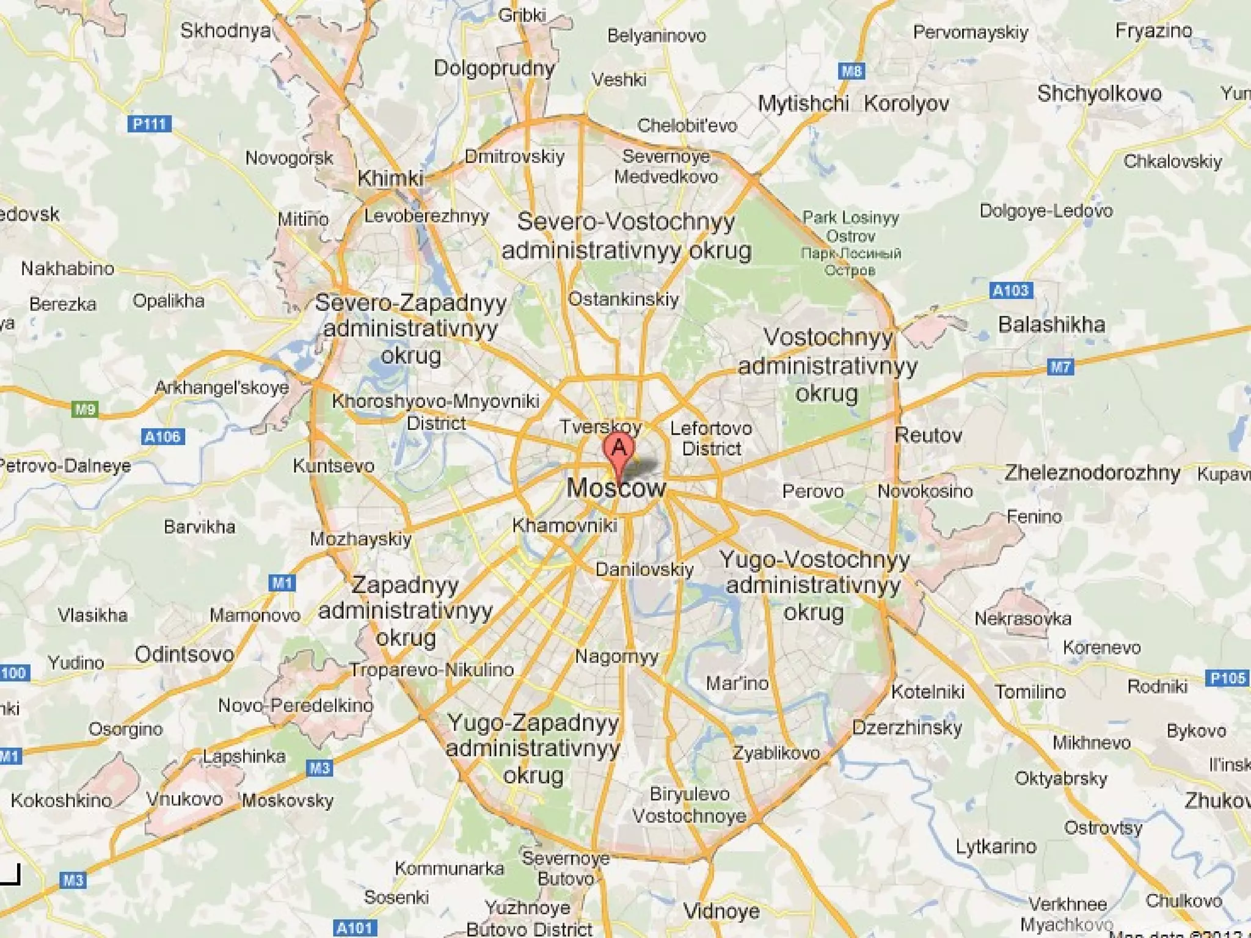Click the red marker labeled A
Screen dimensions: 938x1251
point(618,449)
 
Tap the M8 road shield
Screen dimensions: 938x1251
point(851,71)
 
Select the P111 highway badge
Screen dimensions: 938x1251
point(150,124)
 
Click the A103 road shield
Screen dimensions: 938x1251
point(1010,290)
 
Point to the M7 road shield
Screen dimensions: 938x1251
point(1060,367)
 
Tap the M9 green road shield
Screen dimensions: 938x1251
point(85,409)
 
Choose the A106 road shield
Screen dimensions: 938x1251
point(162,437)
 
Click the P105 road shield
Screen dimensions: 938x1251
point(1227,678)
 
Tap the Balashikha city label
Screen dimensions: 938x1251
point(1051,324)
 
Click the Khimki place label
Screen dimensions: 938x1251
point(390,178)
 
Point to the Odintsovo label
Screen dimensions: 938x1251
point(184,654)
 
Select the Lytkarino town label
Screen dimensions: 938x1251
point(996,846)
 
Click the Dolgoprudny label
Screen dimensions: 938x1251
point(494,68)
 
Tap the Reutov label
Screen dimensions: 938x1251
point(928,435)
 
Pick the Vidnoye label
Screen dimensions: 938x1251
point(721,911)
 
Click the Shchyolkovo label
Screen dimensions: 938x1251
point(1099,93)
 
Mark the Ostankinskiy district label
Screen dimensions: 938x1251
point(623,299)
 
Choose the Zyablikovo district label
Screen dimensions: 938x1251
point(776,752)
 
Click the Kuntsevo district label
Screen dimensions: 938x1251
point(334,466)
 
